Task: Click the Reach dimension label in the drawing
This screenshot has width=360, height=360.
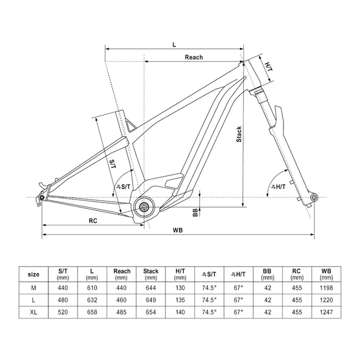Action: [193, 57]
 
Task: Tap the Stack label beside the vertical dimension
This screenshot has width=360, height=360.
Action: [239, 134]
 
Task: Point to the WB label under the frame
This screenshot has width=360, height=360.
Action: [178, 230]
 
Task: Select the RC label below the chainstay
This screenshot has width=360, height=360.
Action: [93, 220]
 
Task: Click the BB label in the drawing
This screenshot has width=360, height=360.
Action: [195, 213]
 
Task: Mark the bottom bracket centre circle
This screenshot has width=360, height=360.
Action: [144, 207]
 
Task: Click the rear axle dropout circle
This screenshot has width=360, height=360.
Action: [42, 197]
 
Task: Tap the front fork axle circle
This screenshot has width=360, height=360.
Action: [314, 197]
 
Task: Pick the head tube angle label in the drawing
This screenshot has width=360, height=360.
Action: [278, 187]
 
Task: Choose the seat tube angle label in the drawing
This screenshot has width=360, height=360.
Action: [123, 187]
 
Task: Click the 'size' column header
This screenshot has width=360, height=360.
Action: [34, 274]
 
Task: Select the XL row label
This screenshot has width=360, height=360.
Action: [34, 312]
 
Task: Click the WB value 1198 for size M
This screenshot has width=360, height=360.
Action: [326, 288]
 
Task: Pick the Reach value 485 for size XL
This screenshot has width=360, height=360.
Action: [121, 312]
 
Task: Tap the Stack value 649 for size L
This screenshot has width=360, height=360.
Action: [151, 300]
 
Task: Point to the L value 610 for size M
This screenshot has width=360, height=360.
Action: [92, 288]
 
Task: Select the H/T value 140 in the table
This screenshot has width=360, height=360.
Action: [180, 312]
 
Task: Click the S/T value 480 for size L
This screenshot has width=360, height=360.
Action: [62, 300]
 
